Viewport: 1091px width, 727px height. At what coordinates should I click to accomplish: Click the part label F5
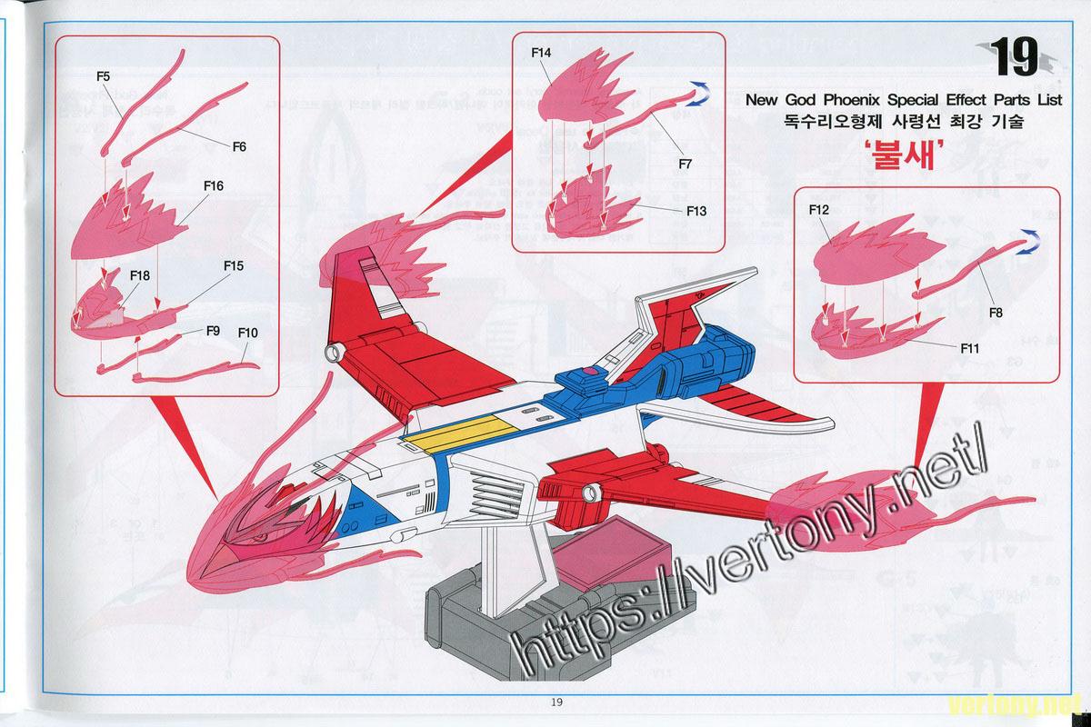(x=104, y=76)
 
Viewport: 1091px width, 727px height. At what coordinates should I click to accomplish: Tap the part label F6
(x=239, y=146)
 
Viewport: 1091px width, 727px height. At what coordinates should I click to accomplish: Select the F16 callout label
(x=214, y=185)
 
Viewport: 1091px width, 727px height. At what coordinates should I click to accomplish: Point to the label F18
(x=140, y=275)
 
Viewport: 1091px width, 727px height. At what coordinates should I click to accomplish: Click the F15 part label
(x=234, y=266)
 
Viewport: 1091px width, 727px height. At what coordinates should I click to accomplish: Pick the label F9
(x=213, y=331)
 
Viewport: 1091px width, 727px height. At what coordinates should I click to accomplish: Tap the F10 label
(x=247, y=334)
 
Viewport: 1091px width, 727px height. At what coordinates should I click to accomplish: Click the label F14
(x=541, y=53)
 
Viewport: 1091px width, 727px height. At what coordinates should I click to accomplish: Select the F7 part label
(x=685, y=164)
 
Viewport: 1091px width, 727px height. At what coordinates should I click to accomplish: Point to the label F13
(x=696, y=211)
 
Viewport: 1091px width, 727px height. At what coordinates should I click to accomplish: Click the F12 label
(x=819, y=209)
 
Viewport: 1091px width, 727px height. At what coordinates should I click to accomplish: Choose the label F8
(x=996, y=313)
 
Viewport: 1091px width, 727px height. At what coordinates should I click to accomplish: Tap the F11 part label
(x=970, y=348)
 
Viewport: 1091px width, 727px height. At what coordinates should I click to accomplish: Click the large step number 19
(x=1014, y=57)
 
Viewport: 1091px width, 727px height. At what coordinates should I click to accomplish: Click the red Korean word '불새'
(x=904, y=154)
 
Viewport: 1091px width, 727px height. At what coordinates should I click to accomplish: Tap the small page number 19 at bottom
(x=556, y=702)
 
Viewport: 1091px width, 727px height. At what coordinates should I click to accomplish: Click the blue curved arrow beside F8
(x=1028, y=242)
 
